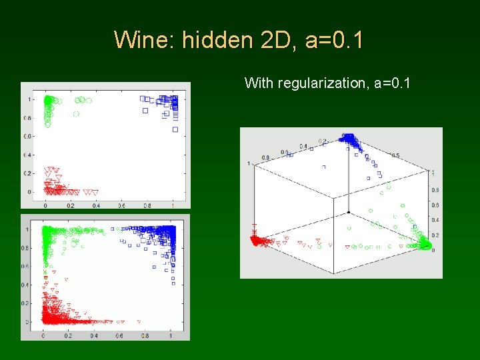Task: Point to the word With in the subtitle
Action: (257, 83)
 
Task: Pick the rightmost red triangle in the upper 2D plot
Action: (95, 192)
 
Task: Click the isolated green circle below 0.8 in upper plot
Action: (75, 115)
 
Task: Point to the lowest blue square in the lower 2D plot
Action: (173, 283)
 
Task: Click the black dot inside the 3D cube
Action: (348, 212)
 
